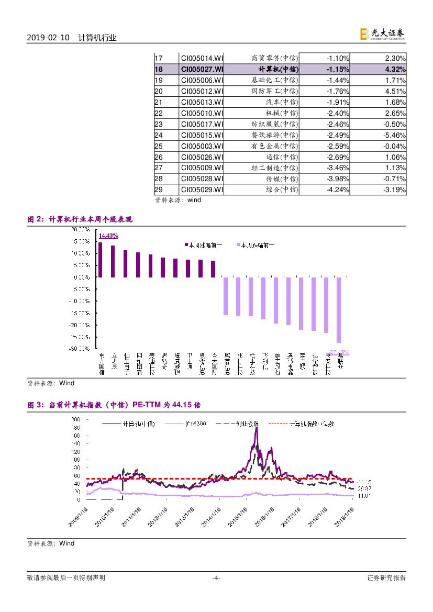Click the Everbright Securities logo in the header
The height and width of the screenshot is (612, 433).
click(382, 34)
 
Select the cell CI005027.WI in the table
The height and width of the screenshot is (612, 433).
click(202, 69)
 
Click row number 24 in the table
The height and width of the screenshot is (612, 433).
click(159, 135)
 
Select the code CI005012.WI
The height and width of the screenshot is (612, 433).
click(202, 91)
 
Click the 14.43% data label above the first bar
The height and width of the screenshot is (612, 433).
click(108, 236)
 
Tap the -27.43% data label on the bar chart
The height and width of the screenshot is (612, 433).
click(339, 352)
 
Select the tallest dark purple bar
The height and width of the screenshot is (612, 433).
click(101, 260)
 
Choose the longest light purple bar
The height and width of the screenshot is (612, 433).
click(339, 310)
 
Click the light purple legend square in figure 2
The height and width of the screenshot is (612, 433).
click(239, 245)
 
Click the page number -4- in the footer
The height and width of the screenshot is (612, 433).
click(216, 578)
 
